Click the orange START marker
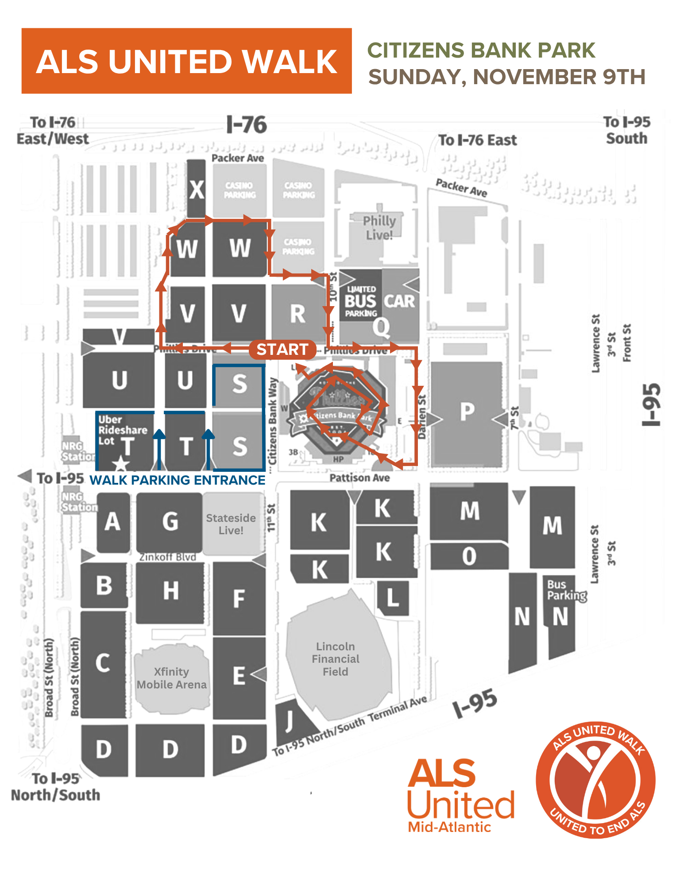pyautogui.click(x=282, y=350)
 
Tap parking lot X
pyautogui.click(x=196, y=190)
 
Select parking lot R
pyautogui.click(x=298, y=314)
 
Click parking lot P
pyautogui.click(x=467, y=412)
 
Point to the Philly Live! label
pyautogui.click(x=379, y=228)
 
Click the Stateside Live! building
pyautogui.click(x=231, y=524)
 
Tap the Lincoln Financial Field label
pyautogui.click(x=336, y=659)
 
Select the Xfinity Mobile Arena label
pyautogui.click(x=172, y=678)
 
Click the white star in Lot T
pyautogui.click(x=120, y=464)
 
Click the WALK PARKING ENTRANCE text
pyautogui.click(x=178, y=480)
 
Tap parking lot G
pyautogui.click(x=170, y=521)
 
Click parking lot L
pyautogui.click(x=393, y=598)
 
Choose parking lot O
pyautogui.click(x=469, y=556)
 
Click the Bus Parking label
pyautogui.click(x=566, y=590)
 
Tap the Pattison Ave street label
pyautogui.click(x=359, y=478)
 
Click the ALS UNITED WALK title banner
pyautogui.click(x=186, y=61)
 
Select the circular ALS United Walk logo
pyautogui.click(x=595, y=780)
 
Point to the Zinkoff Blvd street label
pyautogui.click(x=167, y=557)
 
